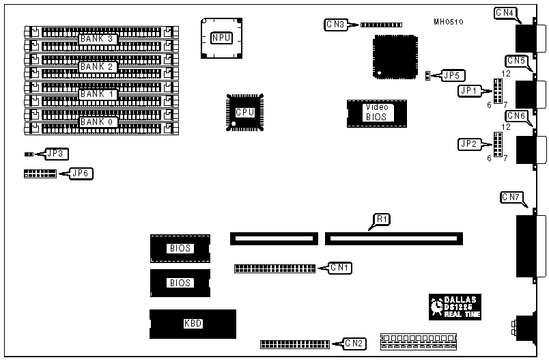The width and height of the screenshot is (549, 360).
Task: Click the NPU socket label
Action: pos(221,38)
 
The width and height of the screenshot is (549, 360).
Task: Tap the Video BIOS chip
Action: pos(376,112)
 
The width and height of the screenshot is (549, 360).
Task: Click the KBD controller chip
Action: pos(193,324)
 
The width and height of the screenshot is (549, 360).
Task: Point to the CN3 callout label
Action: pos(336,25)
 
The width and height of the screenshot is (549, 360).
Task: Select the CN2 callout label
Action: pos(354,344)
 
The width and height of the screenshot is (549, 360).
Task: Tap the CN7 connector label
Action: pos(513,197)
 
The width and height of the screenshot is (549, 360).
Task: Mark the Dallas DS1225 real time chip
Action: pos(454,307)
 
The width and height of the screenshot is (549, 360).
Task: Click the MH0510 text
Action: pos(449,22)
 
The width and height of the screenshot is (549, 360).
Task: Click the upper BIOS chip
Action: pos(180,249)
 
